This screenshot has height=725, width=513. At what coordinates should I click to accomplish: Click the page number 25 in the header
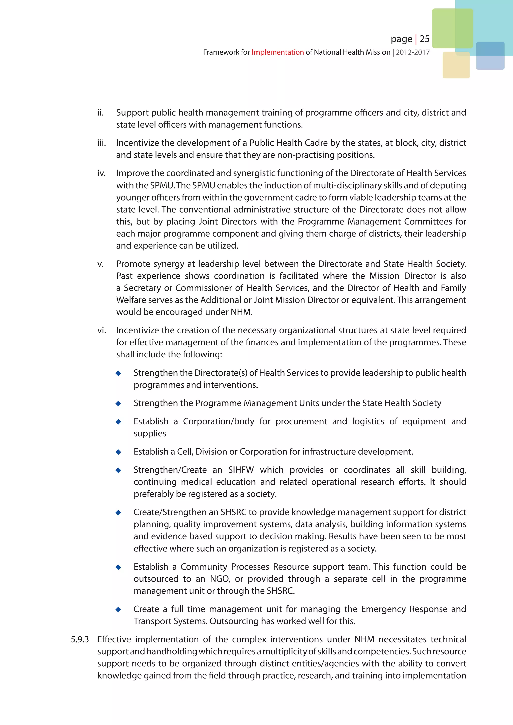424,39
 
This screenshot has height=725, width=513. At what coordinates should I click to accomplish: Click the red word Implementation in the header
277,52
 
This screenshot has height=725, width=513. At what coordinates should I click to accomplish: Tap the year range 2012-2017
413,52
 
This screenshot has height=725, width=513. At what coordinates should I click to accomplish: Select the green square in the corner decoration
452,28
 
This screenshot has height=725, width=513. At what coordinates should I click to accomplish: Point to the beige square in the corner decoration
456,65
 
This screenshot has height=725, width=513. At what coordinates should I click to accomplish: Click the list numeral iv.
101,173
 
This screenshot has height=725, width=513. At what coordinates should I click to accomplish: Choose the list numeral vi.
101,331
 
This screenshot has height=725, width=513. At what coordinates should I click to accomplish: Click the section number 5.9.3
80,639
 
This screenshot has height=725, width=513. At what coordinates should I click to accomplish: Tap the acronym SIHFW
241,470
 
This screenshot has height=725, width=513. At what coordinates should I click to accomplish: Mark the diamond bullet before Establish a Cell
118,452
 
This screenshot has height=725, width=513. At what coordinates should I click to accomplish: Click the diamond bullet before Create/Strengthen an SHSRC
118,512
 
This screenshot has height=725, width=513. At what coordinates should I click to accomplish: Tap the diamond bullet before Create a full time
118,609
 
